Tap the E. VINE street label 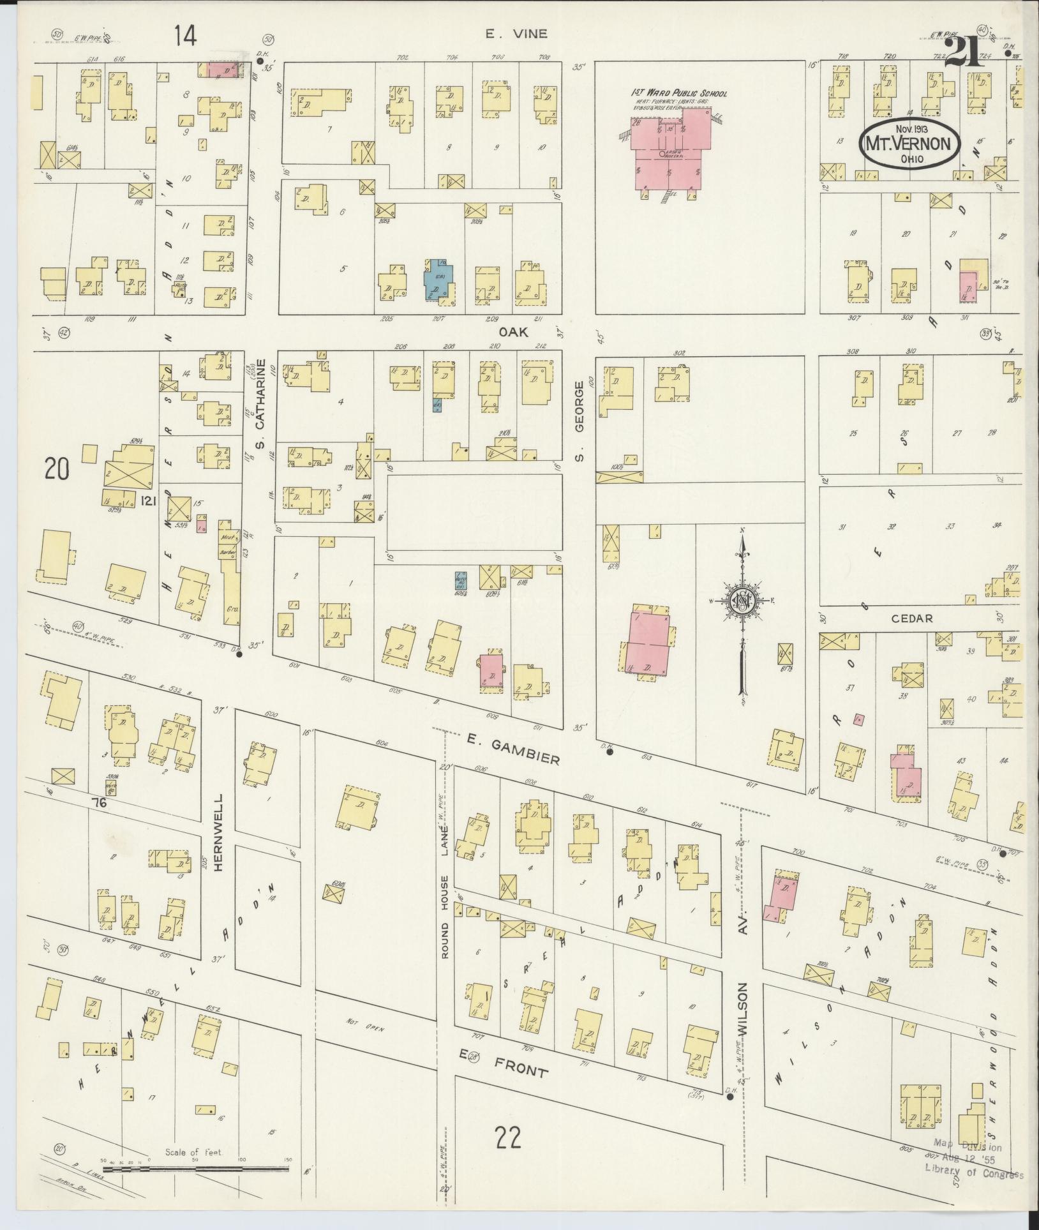[516, 34]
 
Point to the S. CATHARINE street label [260, 414]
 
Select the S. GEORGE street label [579, 422]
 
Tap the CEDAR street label [913, 618]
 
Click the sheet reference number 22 [507, 1137]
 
